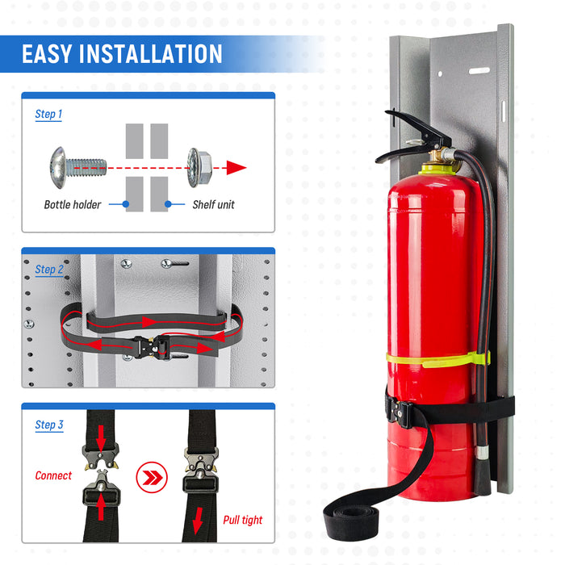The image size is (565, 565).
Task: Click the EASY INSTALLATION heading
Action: tap(122, 54)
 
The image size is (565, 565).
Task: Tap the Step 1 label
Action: tap(48, 115)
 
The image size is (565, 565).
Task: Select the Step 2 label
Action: tap(49, 270)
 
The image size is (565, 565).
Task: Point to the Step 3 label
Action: tap(49, 425)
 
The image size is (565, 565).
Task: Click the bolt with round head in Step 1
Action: tap(77, 167)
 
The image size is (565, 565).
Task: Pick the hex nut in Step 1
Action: tap(199, 167)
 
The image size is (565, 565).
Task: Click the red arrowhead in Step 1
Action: tap(236, 168)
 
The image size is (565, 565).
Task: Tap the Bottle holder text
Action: tap(73, 205)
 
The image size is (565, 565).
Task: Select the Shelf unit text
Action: tap(213, 205)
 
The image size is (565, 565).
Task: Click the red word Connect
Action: tap(53, 476)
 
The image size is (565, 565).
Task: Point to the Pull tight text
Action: tap(243, 521)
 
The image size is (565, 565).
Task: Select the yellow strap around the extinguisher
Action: tap(436, 358)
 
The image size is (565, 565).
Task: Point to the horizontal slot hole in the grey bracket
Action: tap(479, 71)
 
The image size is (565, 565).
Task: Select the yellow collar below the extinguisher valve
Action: tap(440, 168)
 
